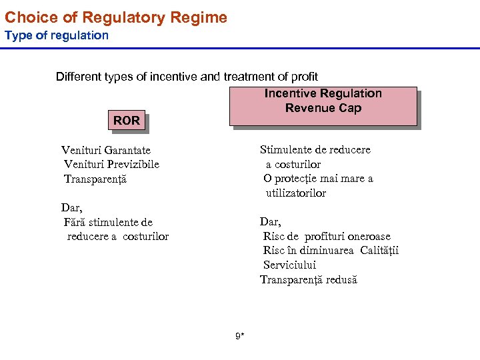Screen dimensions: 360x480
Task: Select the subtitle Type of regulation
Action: tap(57, 35)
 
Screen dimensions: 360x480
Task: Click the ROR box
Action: tap(127, 121)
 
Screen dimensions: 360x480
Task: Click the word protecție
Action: tap(297, 179)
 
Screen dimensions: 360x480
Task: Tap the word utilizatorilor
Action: tap(296, 193)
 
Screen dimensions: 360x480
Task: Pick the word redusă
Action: tap(341, 280)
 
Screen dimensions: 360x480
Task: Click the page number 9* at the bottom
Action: tap(240, 336)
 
